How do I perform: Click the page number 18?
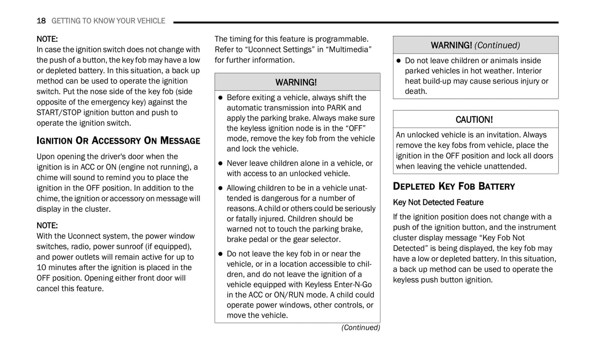(41, 21)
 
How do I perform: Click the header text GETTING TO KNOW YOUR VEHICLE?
(108, 21)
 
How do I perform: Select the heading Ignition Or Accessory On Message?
(118, 141)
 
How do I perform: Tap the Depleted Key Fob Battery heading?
(454, 187)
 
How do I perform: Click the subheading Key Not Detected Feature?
(438, 202)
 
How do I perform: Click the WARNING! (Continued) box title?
(475, 45)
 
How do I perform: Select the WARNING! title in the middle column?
(296, 82)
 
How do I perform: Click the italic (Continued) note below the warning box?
(360, 327)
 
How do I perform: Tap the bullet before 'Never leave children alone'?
(220, 164)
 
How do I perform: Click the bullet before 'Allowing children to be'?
(220, 188)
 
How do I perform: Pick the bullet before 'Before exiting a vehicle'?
(220, 98)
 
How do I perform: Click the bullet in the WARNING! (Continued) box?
(399, 61)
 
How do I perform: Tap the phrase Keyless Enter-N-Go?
(338, 285)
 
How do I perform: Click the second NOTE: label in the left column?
(47, 226)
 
